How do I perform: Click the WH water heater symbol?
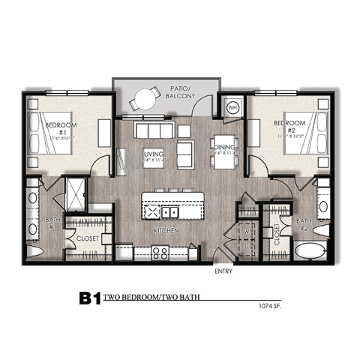pos(233,106)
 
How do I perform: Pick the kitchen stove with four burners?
pos(160,253)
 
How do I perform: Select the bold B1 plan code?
pos(89,298)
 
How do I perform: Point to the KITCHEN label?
pos(166,231)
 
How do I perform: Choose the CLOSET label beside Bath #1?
pos(88,238)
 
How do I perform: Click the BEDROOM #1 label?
pos(56,127)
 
